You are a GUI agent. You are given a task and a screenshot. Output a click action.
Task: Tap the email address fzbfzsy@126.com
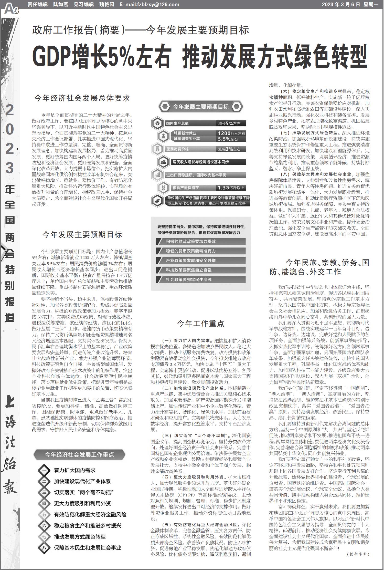point(149,4)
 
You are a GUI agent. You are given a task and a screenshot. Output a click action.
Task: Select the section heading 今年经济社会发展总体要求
point(82,98)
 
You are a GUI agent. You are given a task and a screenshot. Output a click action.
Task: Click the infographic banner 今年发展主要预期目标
point(201,107)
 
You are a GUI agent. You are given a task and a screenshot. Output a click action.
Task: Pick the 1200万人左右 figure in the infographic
point(231,133)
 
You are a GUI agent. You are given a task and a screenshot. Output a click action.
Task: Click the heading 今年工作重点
point(201,324)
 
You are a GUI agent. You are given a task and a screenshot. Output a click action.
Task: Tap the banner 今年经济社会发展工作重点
point(79,455)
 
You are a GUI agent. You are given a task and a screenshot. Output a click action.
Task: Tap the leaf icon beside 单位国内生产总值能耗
point(156,201)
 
